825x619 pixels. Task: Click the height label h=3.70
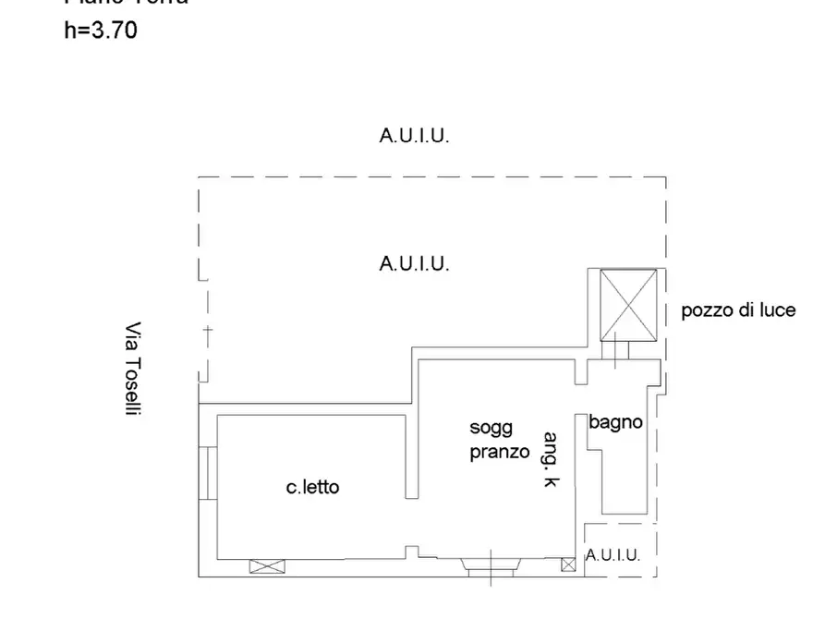tap(101, 30)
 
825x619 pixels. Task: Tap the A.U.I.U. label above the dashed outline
tap(414, 136)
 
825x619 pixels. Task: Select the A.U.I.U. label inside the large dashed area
tap(414, 263)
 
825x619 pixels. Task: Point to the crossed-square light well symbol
tap(628, 304)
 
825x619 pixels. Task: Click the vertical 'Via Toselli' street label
tap(134, 369)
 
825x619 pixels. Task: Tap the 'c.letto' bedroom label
tap(312, 486)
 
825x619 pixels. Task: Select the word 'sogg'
tap(491, 428)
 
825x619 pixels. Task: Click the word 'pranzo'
tap(499, 452)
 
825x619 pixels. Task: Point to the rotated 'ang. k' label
tap(552, 460)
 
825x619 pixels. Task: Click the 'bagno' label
tap(616, 422)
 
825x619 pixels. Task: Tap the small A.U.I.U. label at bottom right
tap(613, 555)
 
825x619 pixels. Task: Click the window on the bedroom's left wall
tap(206, 473)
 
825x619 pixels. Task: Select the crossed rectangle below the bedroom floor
tap(261, 566)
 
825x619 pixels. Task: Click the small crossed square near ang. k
tap(567, 564)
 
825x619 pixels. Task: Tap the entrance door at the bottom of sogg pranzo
tap(490, 565)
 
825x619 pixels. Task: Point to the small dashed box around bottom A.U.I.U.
tap(620, 551)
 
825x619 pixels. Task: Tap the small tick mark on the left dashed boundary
tap(207, 330)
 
